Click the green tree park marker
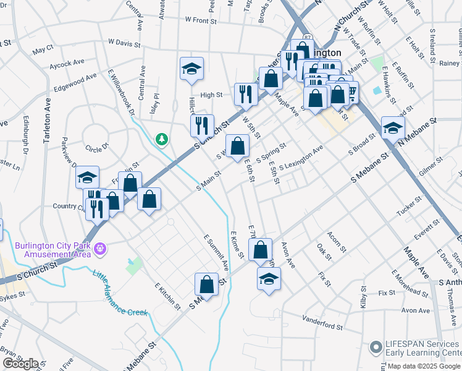click(x=162, y=140)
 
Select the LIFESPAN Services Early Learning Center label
click(x=422, y=349)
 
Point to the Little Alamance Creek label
click(x=120, y=294)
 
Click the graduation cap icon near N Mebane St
click(x=392, y=129)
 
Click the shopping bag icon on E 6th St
click(x=238, y=147)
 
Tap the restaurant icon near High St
click(x=246, y=95)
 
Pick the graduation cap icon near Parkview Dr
click(x=88, y=178)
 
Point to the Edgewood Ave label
click(x=75, y=82)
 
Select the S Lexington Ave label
click(x=301, y=158)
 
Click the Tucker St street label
click(x=409, y=207)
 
